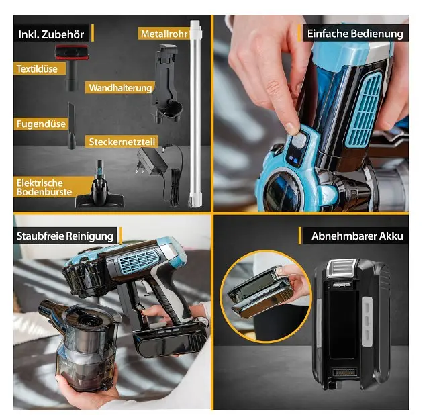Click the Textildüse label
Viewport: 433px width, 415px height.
point(37,68)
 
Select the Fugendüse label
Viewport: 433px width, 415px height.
point(41,124)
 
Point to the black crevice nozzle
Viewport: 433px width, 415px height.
point(71,126)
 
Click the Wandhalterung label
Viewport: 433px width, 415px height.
point(120,88)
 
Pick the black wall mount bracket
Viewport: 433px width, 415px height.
point(167,83)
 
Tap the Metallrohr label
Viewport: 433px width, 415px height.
point(164,34)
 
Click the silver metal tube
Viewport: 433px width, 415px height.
point(195,113)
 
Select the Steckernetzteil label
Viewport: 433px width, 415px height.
point(122,142)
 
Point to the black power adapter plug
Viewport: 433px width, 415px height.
point(151,162)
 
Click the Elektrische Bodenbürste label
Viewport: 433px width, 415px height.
point(44,187)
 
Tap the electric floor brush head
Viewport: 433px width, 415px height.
point(99,193)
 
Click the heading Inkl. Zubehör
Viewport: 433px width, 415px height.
point(51,34)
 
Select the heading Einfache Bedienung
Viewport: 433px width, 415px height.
point(355,34)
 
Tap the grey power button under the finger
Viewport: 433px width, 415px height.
point(299,140)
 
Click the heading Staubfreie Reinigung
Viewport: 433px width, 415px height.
point(65,236)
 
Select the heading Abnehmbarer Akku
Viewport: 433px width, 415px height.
point(357,236)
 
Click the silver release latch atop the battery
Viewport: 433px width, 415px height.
point(341,268)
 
